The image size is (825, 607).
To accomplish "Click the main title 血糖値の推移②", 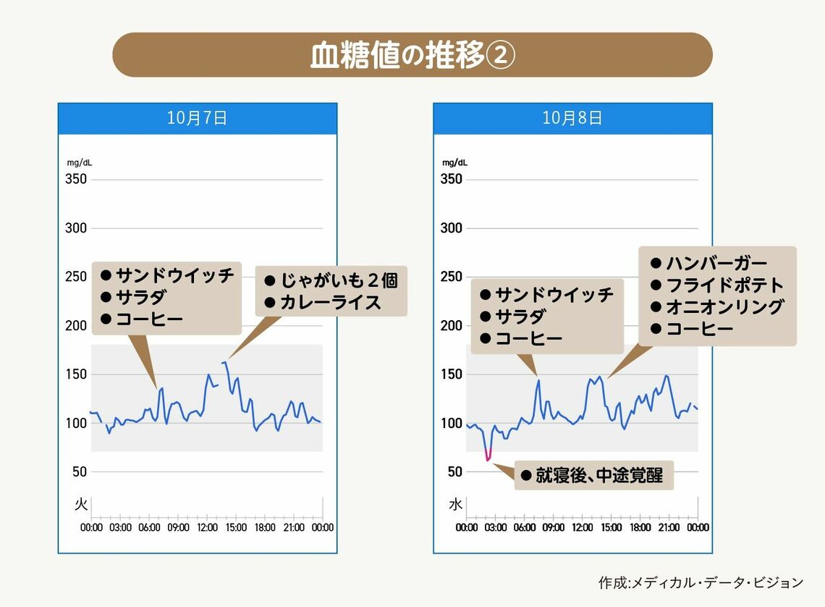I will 412,56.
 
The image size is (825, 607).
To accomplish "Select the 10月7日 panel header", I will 197,118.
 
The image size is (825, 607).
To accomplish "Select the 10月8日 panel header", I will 572,118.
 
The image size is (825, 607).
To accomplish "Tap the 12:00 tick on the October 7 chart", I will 207,527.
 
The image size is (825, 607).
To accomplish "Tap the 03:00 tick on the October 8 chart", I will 495,527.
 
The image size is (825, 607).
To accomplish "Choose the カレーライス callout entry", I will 330,302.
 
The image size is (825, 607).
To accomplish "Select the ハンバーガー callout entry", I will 716,263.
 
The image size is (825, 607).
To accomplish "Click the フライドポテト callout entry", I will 724,285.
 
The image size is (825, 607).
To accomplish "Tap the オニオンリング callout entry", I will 724,306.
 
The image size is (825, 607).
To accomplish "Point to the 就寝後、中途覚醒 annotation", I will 598,476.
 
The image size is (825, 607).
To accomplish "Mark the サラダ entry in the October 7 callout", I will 140,297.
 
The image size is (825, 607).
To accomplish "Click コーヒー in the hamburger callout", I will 699,329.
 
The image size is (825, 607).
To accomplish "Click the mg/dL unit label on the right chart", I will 455,163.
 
